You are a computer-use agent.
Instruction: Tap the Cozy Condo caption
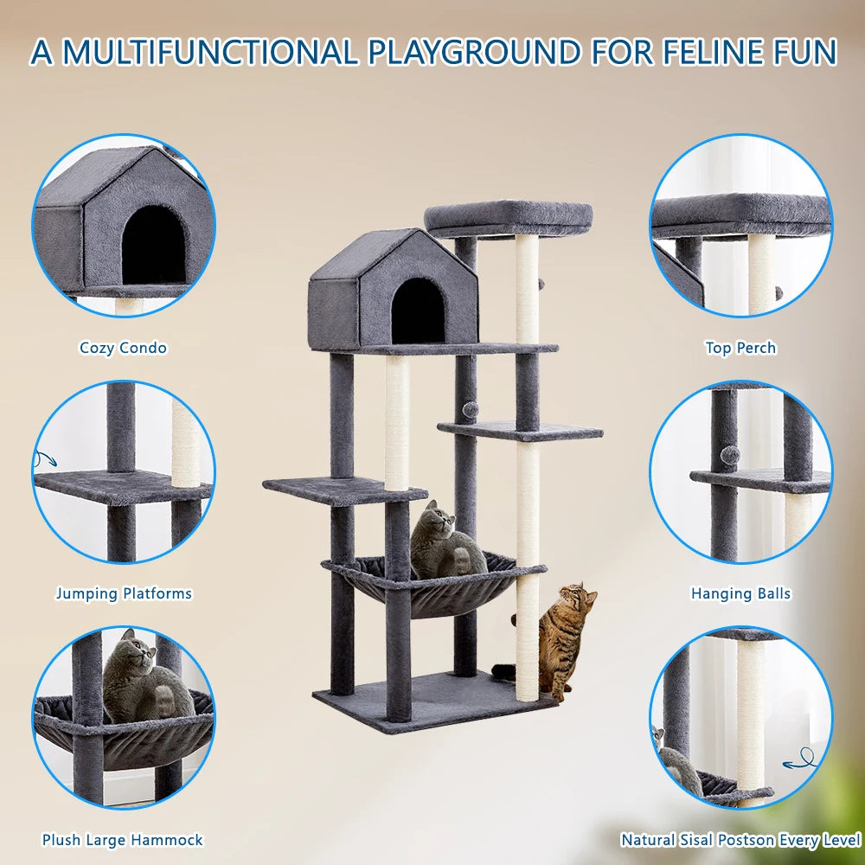(x=123, y=348)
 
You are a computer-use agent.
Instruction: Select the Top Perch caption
(x=740, y=348)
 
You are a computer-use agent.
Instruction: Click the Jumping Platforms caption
(x=124, y=593)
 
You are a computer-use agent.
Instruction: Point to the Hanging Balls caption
(x=740, y=593)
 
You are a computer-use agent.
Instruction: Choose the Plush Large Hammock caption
(x=123, y=839)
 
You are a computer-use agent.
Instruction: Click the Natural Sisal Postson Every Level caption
(x=740, y=839)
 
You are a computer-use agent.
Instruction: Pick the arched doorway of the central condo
(x=418, y=311)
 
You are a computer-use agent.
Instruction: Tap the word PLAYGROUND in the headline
(x=473, y=51)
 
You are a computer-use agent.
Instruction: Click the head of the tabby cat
(x=576, y=597)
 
